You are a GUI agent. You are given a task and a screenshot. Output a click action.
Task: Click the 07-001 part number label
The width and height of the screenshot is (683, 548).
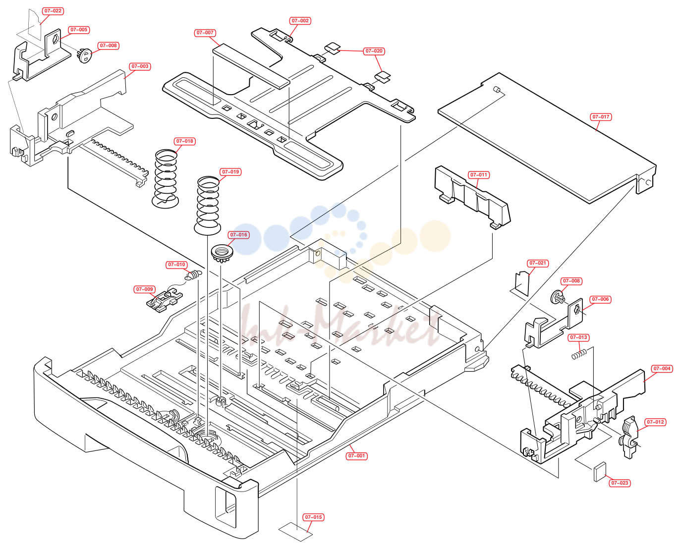coord(356,456)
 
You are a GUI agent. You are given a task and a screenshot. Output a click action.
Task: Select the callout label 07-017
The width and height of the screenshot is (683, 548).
coord(601,117)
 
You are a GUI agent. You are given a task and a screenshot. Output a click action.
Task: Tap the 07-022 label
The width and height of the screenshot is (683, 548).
coord(53,11)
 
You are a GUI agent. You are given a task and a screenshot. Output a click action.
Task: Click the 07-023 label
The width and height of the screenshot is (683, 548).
coord(620,483)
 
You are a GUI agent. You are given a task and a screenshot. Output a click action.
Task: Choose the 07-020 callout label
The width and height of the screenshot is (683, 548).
coord(374,51)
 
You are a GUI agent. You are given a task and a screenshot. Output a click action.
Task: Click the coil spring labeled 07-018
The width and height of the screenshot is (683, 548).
coord(166,179)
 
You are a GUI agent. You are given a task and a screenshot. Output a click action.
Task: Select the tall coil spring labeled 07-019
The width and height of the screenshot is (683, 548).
coord(208,206)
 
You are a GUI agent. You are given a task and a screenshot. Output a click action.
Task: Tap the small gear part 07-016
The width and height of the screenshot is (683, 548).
coord(222,253)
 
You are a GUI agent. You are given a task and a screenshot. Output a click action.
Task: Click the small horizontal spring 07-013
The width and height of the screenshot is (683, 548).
coord(579,354)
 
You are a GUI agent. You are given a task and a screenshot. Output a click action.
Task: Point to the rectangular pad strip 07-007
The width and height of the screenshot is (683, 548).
coord(251,66)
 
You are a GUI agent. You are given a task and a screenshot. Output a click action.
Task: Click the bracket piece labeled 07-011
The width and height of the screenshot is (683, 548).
coord(472,197)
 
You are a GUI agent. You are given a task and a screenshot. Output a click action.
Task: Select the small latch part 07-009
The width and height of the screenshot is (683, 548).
coord(165,299)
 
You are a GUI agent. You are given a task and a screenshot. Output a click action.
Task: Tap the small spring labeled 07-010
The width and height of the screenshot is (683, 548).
coord(193,275)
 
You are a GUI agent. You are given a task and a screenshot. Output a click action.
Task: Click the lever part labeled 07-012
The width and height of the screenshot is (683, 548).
coord(628,437)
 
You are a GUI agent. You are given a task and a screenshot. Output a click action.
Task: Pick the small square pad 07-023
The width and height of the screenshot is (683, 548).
coord(600,472)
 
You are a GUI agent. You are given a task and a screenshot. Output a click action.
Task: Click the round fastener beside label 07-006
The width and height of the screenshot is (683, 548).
coord(558,297)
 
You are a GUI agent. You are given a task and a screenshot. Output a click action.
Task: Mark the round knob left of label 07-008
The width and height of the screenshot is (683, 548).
coord(84,56)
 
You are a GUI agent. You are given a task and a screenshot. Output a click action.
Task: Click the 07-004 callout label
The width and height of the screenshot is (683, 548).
coord(662,369)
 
